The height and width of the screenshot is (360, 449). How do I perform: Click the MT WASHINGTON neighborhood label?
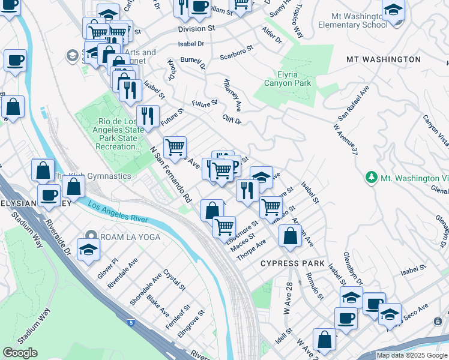tap(383, 59)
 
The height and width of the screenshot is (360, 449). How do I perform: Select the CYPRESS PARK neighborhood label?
tap(292, 263)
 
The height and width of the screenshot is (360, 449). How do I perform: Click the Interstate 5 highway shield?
tap(131, 323)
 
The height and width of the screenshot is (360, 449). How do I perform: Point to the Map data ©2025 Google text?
tap(412, 355)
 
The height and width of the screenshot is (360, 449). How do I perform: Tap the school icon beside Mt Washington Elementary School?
tap(393, 11)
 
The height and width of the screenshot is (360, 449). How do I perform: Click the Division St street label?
tap(196, 28)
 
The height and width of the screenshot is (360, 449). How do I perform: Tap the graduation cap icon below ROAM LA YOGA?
tap(88, 250)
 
